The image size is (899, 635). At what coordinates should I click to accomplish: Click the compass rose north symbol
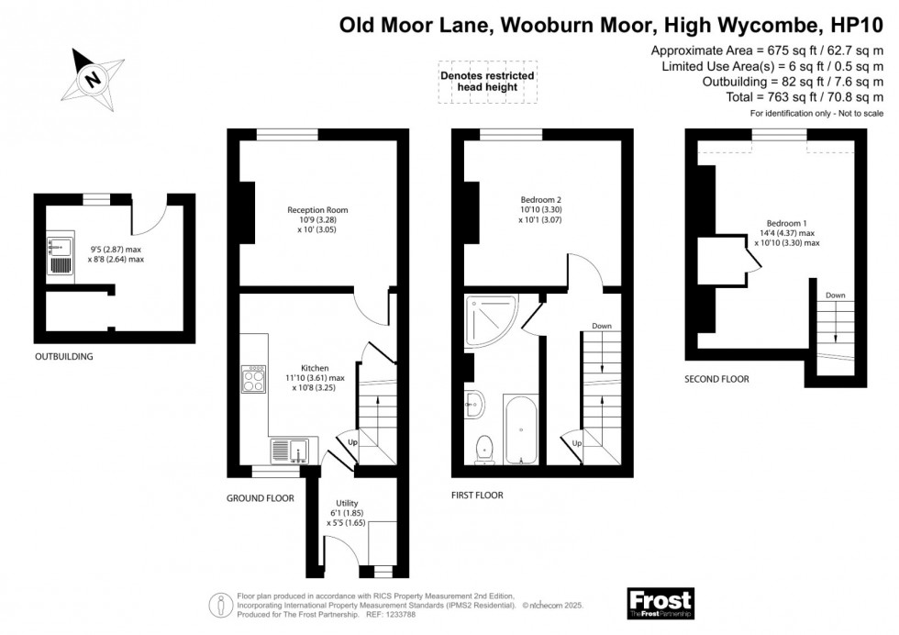point(93,79)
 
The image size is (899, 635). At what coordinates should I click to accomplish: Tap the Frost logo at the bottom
point(660,604)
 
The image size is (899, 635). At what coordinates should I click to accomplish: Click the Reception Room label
point(317,210)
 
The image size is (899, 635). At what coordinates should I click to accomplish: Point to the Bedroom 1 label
point(787,223)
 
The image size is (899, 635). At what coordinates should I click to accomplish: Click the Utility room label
point(347,503)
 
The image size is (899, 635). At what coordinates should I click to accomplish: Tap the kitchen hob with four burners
point(253,379)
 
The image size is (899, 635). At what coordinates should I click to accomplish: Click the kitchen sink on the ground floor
point(290,451)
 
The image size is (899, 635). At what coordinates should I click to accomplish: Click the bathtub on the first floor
point(521,429)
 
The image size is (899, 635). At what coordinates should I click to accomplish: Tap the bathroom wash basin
point(475,405)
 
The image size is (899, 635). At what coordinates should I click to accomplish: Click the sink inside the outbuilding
point(61,257)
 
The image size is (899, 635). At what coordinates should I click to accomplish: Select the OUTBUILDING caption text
point(63,356)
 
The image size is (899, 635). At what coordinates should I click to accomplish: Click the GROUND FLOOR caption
point(261,498)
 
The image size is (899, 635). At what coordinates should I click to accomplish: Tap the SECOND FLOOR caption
point(716,379)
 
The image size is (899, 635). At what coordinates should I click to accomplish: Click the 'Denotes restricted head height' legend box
point(487,82)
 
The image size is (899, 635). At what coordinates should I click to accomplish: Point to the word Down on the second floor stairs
point(836,295)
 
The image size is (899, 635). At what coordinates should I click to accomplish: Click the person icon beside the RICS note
point(221,606)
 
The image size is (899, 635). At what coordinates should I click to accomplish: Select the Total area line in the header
point(805,97)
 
